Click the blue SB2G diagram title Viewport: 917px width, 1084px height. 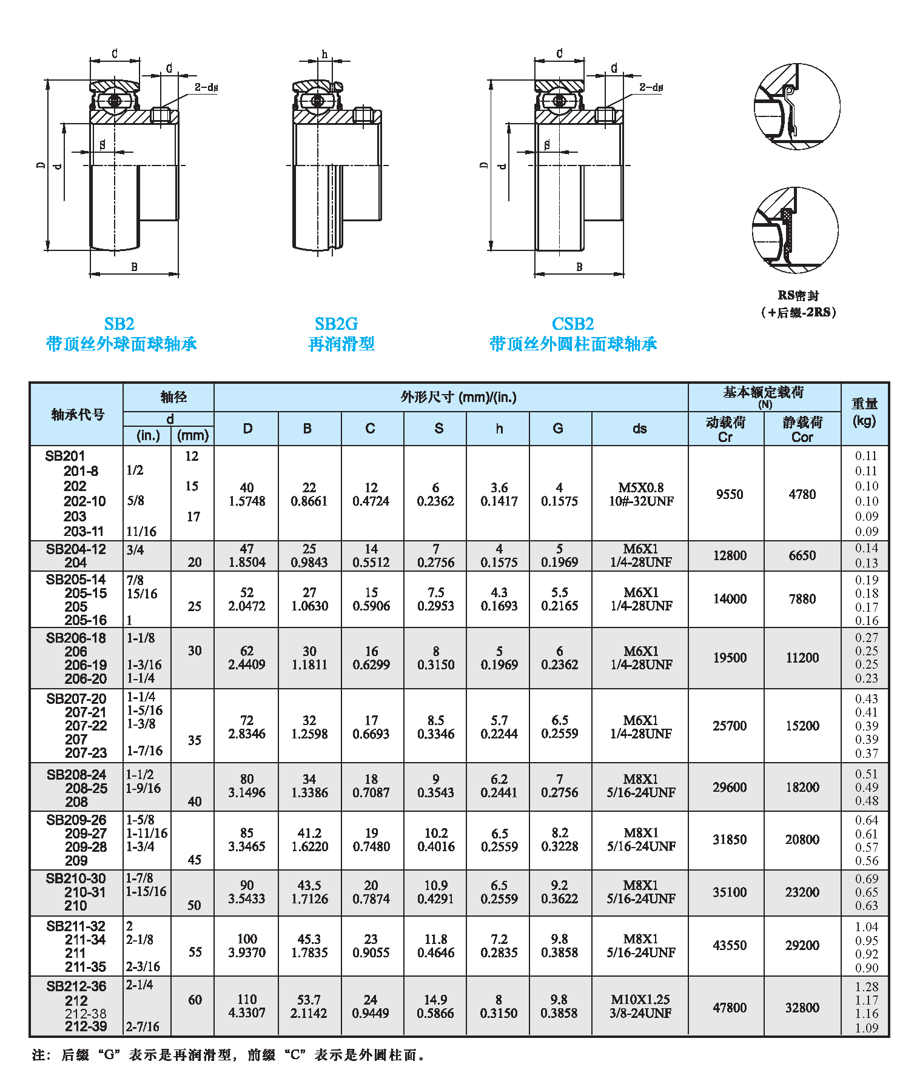tap(336, 324)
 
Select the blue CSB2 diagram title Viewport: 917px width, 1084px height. tap(573, 324)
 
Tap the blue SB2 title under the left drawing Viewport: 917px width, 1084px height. tap(119, 324)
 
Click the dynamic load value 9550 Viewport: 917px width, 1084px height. tap(729, 495)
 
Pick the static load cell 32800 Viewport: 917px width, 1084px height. tap(802, 1008)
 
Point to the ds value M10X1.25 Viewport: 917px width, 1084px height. tap(640, 1000)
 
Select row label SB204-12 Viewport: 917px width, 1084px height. tap(76, 549)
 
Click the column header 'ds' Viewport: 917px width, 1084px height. tap(640, 429)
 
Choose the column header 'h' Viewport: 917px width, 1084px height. tap(499, 429)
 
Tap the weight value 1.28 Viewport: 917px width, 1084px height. tap(867, 986)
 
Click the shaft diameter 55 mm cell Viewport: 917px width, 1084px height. tap(195, 952)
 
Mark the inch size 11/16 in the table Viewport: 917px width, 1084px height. tap(141, 532)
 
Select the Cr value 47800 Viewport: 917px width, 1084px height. tap(730, 1008)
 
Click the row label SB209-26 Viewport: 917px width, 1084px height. tap(76, 820)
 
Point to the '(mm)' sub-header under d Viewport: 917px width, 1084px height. tap(193, 435)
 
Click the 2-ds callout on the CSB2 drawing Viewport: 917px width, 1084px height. tap(651, 87)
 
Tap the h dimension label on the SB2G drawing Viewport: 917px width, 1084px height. tap(324, 55)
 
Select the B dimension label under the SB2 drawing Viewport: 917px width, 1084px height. tap(134, 267)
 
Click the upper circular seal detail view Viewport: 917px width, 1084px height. tap(797, 107)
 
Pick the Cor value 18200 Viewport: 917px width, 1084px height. tap(802, 787)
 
